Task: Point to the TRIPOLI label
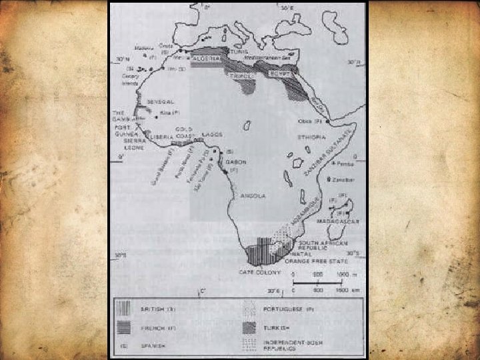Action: coord(246,77)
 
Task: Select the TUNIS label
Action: coord(240,51)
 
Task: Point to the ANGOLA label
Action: coord(253,196)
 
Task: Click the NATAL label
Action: coord(310,254)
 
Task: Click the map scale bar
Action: coord(320,284)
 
